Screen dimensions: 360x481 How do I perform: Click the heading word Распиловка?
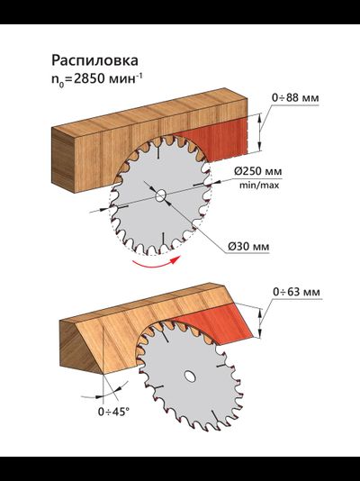point(94,61)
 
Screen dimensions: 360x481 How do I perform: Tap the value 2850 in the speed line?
point(88,79)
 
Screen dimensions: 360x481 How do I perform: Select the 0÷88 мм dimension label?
point(295,98)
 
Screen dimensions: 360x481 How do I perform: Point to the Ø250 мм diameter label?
point(258,171)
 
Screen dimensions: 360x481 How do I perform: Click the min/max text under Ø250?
point(259,186)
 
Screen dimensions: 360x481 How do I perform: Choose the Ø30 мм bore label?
point(248,246)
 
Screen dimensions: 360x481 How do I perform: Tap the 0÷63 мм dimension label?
point(296,292)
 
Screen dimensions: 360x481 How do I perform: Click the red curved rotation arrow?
point(156,265)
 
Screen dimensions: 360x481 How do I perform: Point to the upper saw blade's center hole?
point(160,195)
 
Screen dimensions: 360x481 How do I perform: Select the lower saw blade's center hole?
point(190,377)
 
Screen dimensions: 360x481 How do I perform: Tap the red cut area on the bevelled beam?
point(219,322)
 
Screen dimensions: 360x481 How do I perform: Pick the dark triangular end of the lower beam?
point(77,348)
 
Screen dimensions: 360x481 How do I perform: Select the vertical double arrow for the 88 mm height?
point(260,132)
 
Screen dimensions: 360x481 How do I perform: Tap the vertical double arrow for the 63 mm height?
point(260,322)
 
